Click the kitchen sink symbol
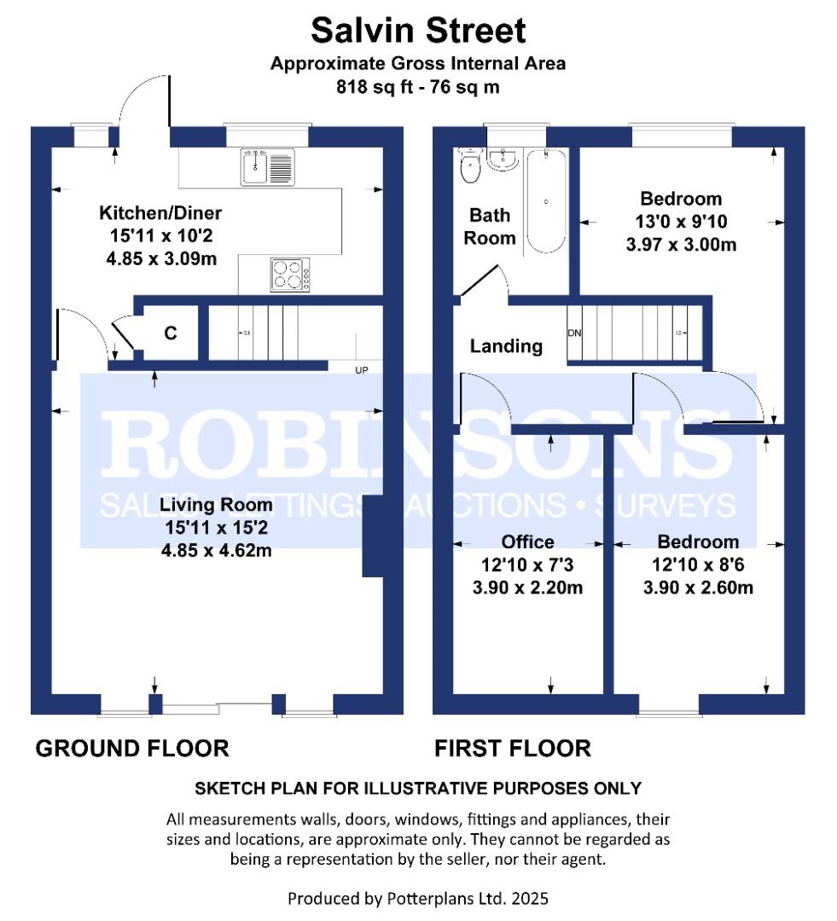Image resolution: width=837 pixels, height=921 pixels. pyautogui.click(x=268, y=167)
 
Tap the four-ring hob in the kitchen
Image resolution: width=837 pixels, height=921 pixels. pyautogui.click(x=290, y=275)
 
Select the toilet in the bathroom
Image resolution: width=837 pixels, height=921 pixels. pyautogui.click(x=471, y=165)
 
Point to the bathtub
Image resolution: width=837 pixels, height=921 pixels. pyautogui.click(x=546, y=201)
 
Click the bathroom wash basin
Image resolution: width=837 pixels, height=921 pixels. pyautogui.click(x=503, y=159)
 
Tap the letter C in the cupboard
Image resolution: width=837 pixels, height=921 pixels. pyautogui.click(x=171, y=333)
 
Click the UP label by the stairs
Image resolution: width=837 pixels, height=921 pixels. pyautogui.click(x=362, y=370)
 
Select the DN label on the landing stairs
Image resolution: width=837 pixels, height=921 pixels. pyautogui.click(x=574, y=333)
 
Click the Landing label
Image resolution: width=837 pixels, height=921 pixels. pyautogui.click(x=506, y=346)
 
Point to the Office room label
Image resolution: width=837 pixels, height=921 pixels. pyautogui.click(x=528, y=542)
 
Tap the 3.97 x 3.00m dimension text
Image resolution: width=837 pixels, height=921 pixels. pyautogui.click(x=681, y=245)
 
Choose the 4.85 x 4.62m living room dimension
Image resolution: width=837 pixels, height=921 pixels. pyautogui.click(x=217, y=550)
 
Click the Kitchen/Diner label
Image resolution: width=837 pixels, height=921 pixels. pyautogui.click(x=160, y=212)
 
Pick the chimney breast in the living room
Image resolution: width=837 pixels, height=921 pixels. pyautogui.click(x=373, y=536)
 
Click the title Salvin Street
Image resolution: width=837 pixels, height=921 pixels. pyautogui.click(x=418, y=31)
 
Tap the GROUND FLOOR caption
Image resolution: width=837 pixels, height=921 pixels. pyautogui.click(x=132, y=749)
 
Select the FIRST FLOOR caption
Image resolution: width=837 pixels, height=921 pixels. pyautogui.click(x=513, y=749)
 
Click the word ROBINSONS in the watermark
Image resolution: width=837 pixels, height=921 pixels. pyautogui.click(x=417, y=444)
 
